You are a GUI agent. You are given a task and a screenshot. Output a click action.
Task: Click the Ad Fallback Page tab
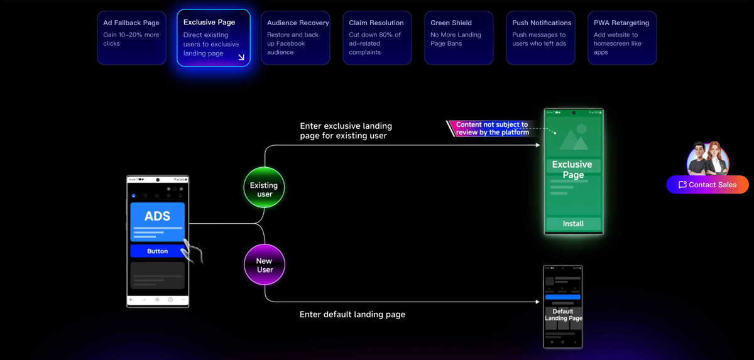pyautogui.click(x=131, y=37)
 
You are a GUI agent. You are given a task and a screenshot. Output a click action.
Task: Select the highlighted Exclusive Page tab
pyautogui.click(x=214, y=38)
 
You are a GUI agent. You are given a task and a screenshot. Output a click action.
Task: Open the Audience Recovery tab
pyautogui.click(x=295, y=38)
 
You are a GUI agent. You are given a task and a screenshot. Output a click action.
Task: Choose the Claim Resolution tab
pyautogui.click(x=377, y=38)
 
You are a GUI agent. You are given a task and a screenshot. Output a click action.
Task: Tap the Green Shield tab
pyautogui.click(x=459, y=38)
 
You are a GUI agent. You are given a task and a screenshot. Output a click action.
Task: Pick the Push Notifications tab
pyautogui.click(x=541, y=38)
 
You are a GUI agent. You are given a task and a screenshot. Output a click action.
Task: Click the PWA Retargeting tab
pyautogui.click(x=623, y=38)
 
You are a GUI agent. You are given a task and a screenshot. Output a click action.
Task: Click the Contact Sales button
pyautogui.click(x=708, y=185)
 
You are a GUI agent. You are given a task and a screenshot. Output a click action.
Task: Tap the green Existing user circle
pyautogui.click(x=264, y=187)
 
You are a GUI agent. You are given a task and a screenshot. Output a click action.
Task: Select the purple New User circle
pyautogui.click(x=265, y=265)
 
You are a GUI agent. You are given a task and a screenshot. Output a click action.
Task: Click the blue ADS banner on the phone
pyautogui.click(x=157, y=221)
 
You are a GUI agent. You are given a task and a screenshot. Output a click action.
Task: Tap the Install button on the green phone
pyautogui.click(x=573, y=224)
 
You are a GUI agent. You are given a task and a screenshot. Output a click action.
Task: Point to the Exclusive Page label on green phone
pyautogui.click(x=572, y=170)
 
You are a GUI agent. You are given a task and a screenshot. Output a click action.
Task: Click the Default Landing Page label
pyautogui.click(x=563, y=315)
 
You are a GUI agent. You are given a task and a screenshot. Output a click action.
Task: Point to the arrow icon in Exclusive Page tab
pyautogui.click(x=241, y=57)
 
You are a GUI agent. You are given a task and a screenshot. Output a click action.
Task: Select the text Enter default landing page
pyautogui.click(x=352, y=314)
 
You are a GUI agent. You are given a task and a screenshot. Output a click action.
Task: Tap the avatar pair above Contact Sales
pyautogui.click(x=708, y=158)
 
